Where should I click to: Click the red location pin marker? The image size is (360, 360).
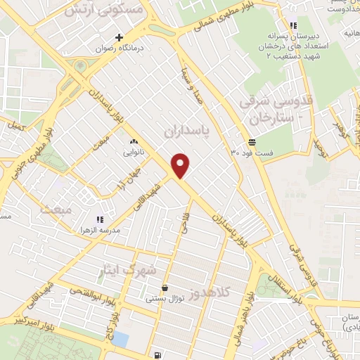point(181,165)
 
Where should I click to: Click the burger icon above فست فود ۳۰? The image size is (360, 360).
point(251,141)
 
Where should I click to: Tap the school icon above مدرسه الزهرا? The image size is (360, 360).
point(99,219)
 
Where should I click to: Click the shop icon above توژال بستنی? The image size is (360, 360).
point(165,288)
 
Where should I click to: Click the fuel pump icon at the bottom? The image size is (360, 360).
point(155,356)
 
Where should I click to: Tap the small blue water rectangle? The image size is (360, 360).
point(120,339)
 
